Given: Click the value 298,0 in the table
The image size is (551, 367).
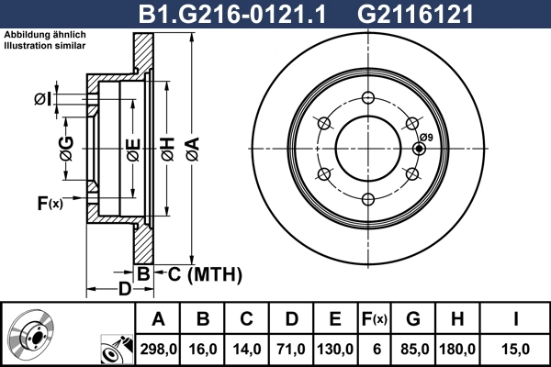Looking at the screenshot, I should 157,348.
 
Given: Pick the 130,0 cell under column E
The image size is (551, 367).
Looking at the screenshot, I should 335,348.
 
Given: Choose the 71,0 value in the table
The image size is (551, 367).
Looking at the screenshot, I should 291,348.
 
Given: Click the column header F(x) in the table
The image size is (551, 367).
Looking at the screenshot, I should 376,319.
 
